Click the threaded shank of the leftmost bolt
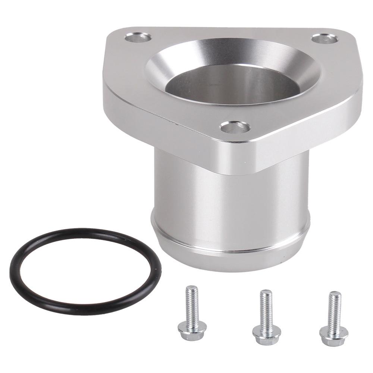192,302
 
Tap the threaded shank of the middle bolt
266,304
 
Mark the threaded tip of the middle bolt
266,293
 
